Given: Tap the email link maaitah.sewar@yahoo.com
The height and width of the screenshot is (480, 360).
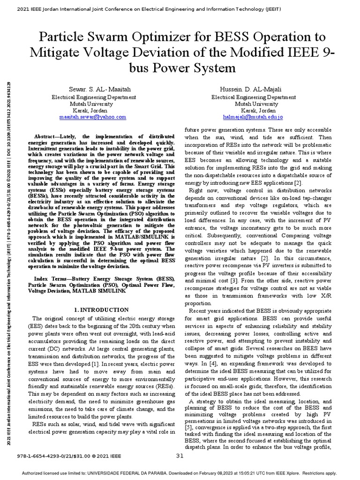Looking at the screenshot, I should click(92, 117).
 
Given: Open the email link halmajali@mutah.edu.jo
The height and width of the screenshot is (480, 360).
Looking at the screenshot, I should click(253, 117).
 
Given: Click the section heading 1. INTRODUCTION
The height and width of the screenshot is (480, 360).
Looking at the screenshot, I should click(102, 310).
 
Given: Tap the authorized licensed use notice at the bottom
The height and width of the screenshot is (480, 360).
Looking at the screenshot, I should click(180, 473).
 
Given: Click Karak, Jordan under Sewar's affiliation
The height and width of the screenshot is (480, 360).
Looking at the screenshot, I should click(91, 110).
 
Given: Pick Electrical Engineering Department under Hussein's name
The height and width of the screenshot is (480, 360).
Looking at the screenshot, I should click(253, 97).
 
